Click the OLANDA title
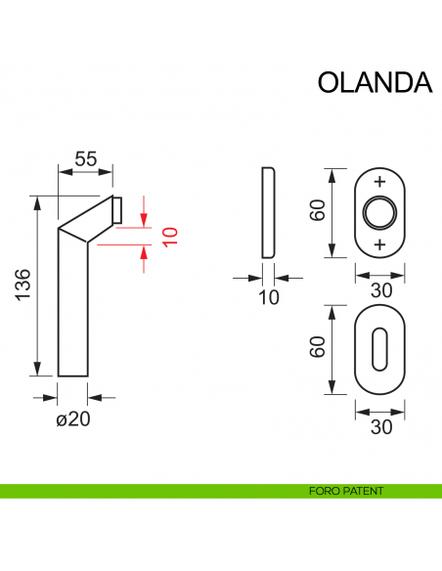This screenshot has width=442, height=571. [375, 83]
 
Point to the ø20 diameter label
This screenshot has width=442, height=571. [73, 419]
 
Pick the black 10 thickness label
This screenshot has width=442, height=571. [269, 297]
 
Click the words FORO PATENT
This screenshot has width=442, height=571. [343, 491]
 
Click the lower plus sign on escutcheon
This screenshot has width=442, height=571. [380, 243]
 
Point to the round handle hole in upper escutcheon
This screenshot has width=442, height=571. [380, 213]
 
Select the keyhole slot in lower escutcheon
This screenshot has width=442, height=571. [380, 349]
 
